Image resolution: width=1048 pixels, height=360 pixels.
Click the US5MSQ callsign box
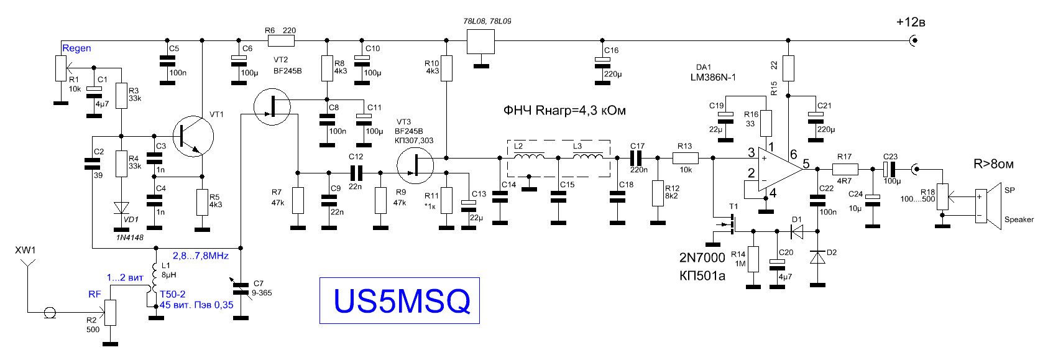coord(400,300)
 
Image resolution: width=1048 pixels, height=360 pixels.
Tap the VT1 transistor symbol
coord(193,136)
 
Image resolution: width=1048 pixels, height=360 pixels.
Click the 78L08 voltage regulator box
coord(480,42)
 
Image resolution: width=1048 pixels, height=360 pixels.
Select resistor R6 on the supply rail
coord(281,41)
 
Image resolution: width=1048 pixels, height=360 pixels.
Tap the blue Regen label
coord(76,48)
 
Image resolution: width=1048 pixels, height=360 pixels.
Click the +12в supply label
coord(911,22)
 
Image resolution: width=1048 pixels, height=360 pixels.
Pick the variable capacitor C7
coord(241,288)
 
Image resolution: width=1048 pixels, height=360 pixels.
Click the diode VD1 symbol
coord(122,208)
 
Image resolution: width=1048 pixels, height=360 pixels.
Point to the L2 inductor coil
coord(529,156)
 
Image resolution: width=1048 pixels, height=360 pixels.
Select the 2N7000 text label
coord(702,257)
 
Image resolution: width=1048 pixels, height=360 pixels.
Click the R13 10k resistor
coord(686,158)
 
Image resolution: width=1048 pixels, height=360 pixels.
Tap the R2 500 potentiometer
coord(110,312)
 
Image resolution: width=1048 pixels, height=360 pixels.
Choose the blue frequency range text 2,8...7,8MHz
coord(201,256)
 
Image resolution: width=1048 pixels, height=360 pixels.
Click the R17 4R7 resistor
coord(845,169)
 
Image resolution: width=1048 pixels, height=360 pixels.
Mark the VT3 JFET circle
coord(415,166)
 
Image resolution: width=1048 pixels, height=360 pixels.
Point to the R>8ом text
coord(993,164)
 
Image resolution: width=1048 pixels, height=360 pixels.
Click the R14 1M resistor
coord(753,259)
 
